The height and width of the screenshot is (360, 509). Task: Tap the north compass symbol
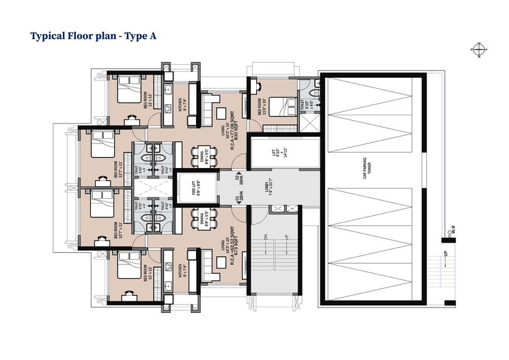pyautogui.click(x=477, y=49)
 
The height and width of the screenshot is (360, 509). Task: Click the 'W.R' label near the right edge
pyautogui.click(x=452, y=234)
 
